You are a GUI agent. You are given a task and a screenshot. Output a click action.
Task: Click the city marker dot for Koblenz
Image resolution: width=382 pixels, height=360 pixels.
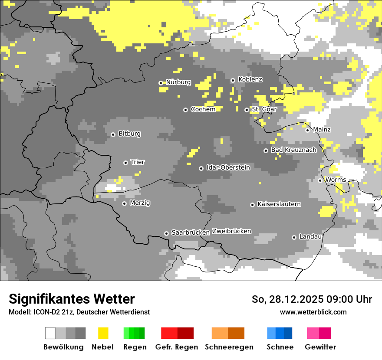click(x=233, y=80)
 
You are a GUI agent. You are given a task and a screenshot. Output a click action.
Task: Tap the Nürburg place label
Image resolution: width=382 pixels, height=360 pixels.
click(x=178, y=82)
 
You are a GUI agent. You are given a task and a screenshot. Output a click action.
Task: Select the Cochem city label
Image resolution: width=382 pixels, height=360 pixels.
click(x=203, y=109)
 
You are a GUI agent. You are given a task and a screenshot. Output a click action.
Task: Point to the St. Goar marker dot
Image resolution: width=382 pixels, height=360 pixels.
click(x=247, y=110)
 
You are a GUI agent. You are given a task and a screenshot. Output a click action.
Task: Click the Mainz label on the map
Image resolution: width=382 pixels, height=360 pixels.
click(x=322, y=129)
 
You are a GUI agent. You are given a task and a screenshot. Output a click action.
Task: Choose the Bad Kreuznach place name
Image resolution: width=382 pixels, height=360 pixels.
click(x=293, y=150)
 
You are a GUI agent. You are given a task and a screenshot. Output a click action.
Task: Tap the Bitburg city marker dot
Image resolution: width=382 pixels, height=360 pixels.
click(x=113, y=134)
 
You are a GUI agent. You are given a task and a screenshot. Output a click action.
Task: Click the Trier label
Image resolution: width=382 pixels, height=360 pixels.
click(x=138, y=162)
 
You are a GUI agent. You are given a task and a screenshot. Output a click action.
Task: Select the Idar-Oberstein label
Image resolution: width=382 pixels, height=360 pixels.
click(x=228, y=167)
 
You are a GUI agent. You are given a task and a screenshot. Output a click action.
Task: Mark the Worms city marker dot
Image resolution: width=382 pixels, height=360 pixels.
click(x=320, y=180)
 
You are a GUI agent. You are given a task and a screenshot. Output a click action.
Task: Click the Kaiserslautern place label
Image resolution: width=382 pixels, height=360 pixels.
click(x=279, y=204)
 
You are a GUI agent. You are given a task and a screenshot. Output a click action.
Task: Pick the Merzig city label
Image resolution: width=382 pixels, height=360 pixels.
click(x=140, y=203)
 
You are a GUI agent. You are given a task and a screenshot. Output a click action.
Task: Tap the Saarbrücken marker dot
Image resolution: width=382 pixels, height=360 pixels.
click(x=166, y=233)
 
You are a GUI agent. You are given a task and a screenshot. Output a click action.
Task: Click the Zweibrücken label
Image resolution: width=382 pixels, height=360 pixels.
click(x=232, y=231)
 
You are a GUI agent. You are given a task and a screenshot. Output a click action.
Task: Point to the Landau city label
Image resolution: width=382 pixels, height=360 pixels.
click(x=310, y=236)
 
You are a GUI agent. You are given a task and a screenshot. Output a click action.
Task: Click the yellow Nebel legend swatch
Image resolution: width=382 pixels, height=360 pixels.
click(x=103, y=333)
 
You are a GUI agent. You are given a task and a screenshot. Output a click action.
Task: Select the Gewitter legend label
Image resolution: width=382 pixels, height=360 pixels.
click(x=320, y=347)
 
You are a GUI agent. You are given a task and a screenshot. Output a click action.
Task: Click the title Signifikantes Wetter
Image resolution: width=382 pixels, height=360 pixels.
click(x=72, y=299)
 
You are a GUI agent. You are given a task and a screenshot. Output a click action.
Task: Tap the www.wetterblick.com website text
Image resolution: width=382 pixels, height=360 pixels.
click(x=313, y=312)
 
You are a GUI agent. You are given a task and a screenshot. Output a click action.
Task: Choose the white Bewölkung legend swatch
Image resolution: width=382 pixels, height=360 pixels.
click(x=50, y=333)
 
